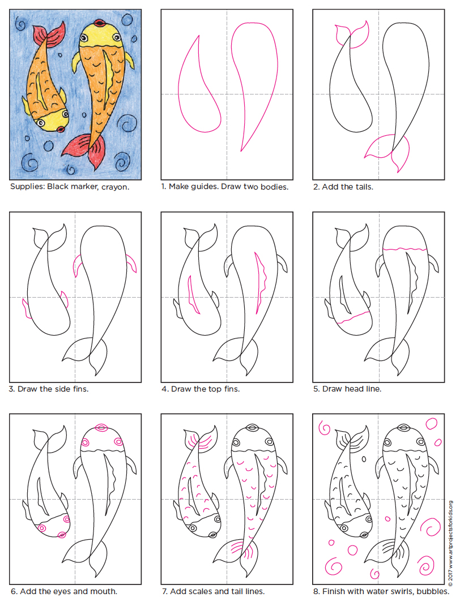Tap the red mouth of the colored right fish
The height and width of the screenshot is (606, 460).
[x=100, y=23]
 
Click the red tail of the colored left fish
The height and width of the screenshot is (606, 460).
[x=48, y=39]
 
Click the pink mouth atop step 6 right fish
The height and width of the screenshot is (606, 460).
[x=100, y=427]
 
